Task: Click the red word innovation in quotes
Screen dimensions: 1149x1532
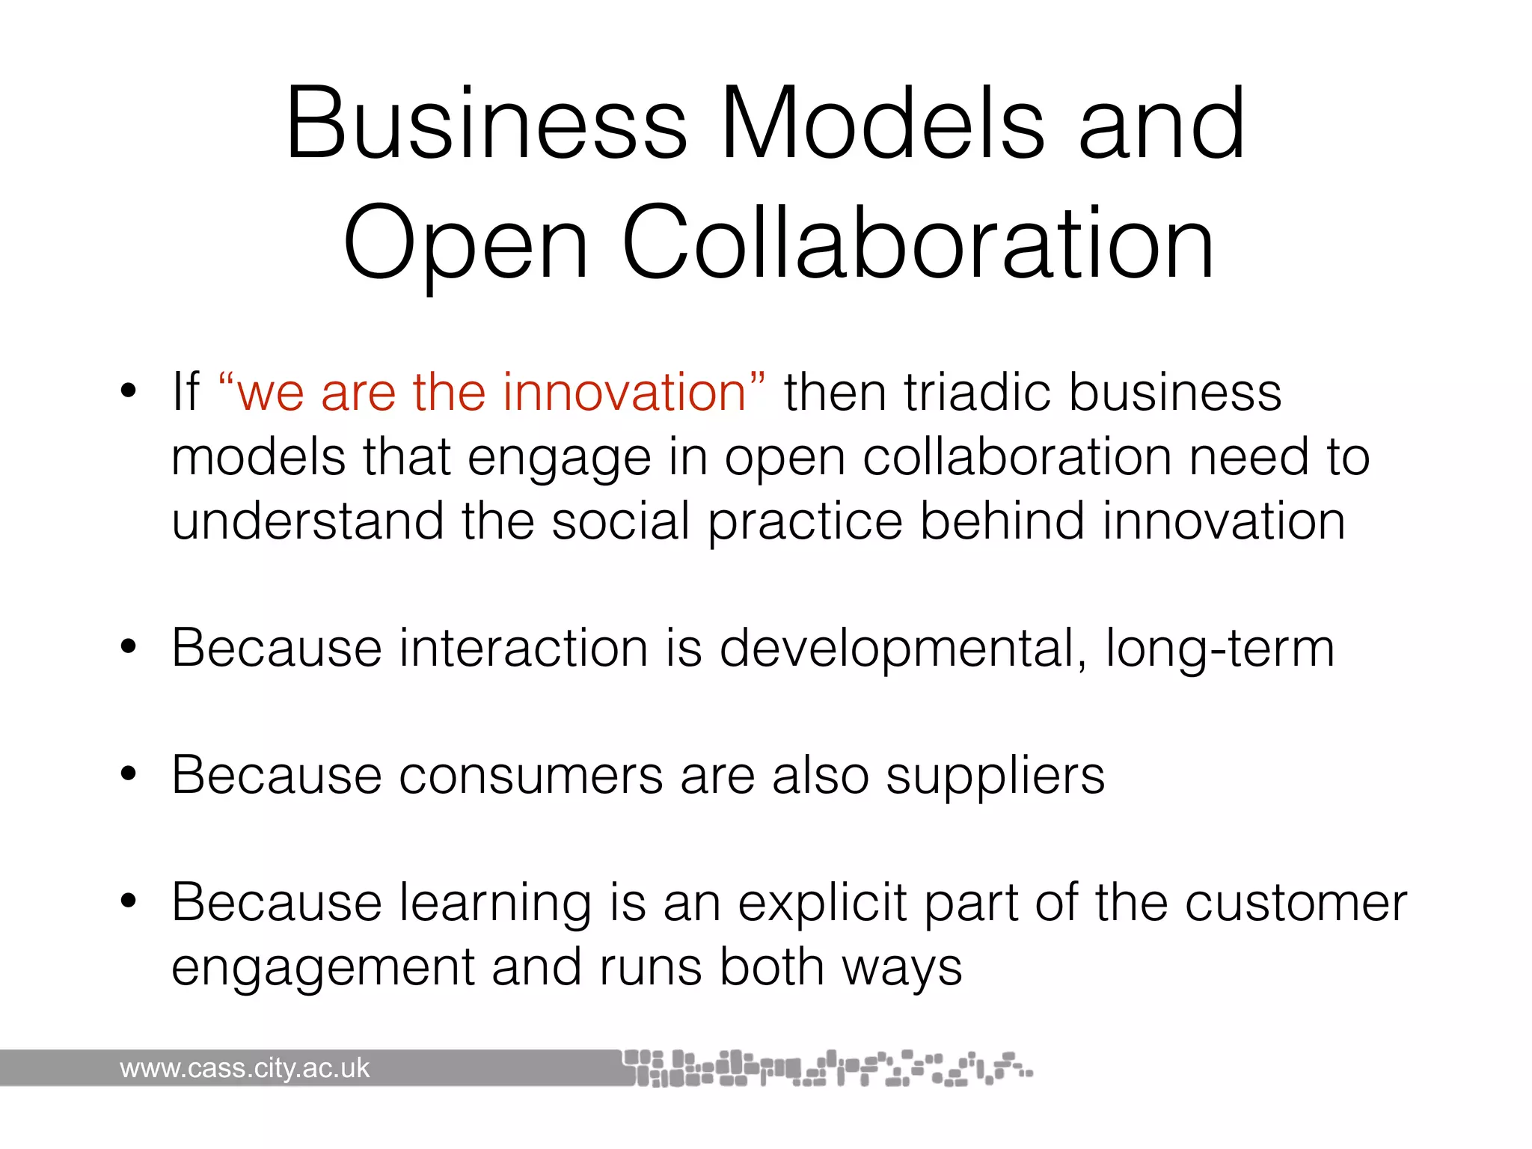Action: click(x=625, y=392)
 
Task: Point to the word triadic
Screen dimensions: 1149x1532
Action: click(x=977, y=392)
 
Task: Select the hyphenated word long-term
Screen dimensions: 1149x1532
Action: click(x=1219, y=649)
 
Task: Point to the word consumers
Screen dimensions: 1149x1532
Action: click(x=530, y=776)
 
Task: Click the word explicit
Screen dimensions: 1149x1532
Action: click(x=822, y=904)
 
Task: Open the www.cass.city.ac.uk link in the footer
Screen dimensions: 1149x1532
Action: click(x=245, y=1068)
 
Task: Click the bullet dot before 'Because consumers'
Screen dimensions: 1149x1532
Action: click(x=129, y=775)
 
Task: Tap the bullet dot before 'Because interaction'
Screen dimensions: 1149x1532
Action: click(x=129, y=647)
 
